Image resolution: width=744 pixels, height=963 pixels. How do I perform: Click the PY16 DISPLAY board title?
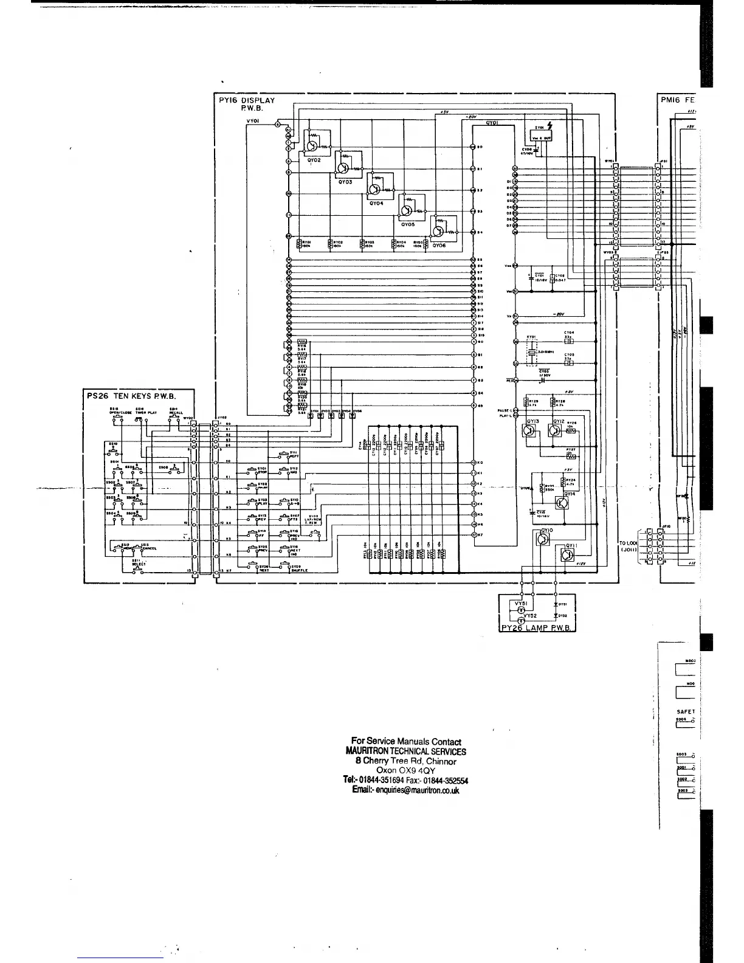247,105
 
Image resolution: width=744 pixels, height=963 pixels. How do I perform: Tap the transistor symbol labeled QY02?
312,146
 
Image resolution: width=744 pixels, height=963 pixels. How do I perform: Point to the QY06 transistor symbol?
438,231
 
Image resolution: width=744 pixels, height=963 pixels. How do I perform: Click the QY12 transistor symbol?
554,430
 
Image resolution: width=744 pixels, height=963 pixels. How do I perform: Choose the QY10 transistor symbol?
544,539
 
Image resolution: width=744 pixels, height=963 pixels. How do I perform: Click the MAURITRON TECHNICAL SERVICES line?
405,751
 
